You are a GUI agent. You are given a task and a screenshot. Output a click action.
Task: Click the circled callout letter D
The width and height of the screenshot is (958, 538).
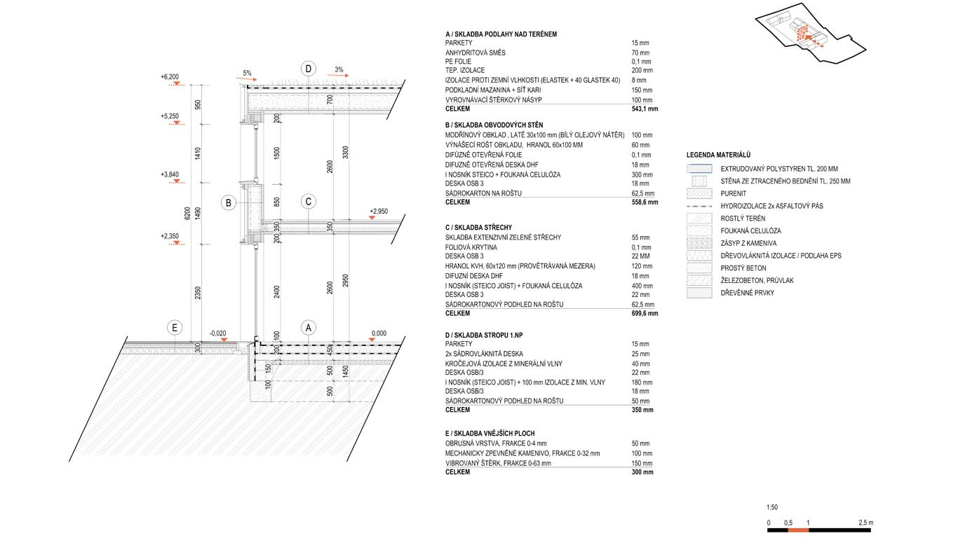pyautogui.click(x=309, y=69)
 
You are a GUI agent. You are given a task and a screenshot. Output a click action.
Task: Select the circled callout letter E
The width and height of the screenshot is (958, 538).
pyautogui.click(x=175, y=327)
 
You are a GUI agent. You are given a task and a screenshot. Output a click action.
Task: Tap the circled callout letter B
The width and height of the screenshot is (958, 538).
pyautogui.click(x=228, y=203)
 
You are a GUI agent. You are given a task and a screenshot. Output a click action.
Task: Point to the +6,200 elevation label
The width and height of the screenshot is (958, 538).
pyautogui.click(x=170, y=76)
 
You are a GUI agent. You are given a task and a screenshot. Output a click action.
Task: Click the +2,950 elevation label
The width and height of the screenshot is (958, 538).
pyautogui.click(x=378, y=210)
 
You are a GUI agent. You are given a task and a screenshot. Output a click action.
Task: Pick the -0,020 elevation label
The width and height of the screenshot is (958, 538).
pyautogui.click(x=217, y=333)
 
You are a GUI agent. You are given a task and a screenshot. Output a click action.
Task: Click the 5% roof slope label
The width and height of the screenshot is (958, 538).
pyautogui.click(x=247, y=73)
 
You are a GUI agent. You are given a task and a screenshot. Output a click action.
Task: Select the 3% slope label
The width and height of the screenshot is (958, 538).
pyautogui.click(x=339, y=69)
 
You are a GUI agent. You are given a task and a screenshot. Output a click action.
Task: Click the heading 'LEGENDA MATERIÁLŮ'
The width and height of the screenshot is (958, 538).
pyautogui.click(x=718, y=155)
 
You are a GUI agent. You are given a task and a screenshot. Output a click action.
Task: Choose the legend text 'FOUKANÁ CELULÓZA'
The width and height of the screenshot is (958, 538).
pyautogui.click(x=750, y=230)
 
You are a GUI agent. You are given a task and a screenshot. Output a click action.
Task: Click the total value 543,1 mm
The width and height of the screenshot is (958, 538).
pyautogui.click(x=645, y=109)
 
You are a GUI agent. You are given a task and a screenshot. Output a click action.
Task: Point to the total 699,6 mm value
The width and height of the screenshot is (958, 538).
pyautogui.click(x=645, y=313)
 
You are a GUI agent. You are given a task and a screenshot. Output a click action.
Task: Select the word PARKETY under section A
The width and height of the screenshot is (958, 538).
pyautogui.click(x=459, y=43)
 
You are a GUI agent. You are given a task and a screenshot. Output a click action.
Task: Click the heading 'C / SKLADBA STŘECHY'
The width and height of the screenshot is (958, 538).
pyautogui.click(x=478, y=228)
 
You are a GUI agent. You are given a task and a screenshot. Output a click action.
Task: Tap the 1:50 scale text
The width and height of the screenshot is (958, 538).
pyautogui.click(x=772, y=507)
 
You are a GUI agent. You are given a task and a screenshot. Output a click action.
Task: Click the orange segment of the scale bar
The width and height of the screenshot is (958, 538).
pyautogui.click(x=798, y=530)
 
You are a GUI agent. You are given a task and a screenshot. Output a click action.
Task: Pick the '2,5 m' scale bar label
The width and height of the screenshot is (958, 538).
pyautogui.click(x=865, y=523)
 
